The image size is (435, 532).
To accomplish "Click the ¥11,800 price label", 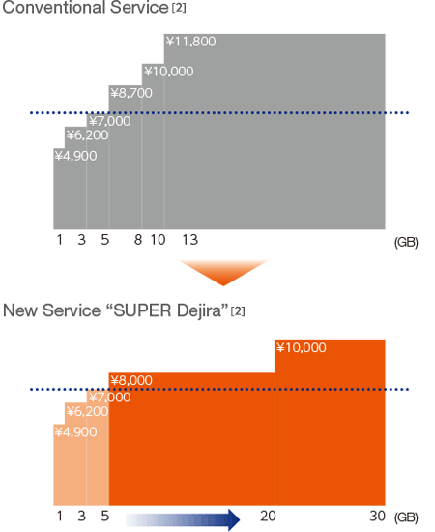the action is (190, 42).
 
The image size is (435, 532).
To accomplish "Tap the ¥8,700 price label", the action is (131, 93).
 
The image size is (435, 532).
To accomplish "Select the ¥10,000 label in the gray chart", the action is (169, 72).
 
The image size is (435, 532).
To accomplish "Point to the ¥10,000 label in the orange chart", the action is (302, 347).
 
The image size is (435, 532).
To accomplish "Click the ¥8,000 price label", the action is (131, 380).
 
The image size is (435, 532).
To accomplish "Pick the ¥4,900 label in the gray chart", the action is (76, 156).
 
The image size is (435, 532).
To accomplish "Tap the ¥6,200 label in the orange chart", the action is (87, 411).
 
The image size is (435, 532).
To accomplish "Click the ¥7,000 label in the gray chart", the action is (110, 121).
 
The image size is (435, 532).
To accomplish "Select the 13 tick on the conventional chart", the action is (190, 240).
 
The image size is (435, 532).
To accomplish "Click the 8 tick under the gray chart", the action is (138, 240).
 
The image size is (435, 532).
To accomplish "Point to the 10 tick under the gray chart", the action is (158, 240).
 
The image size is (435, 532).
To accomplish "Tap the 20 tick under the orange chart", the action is (268, 517).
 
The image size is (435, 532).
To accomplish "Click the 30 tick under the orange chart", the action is (377, 517).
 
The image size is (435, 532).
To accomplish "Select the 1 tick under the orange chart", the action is (60, 517).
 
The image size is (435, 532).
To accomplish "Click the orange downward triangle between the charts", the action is (223, 271).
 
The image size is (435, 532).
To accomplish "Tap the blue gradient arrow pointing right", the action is (183, 519).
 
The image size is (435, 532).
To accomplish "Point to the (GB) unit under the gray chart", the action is (406, 242).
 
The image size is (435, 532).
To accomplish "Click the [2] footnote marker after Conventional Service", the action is (179, 8).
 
